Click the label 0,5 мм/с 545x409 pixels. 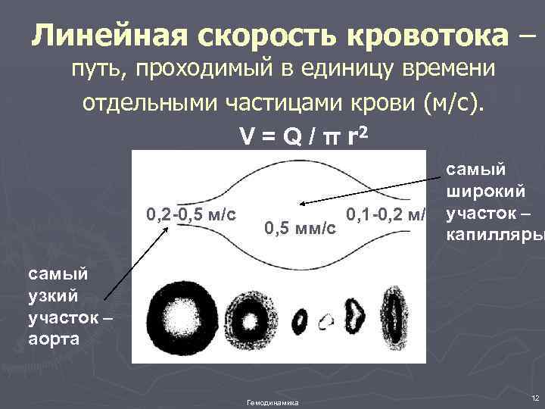point(301,227)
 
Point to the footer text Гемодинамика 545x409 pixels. point(272,402)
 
